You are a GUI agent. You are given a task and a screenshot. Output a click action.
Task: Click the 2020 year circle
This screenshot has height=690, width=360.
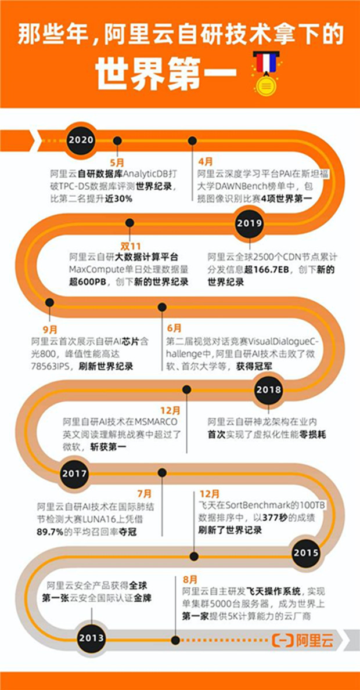pyautogui.click(x=81, y=140)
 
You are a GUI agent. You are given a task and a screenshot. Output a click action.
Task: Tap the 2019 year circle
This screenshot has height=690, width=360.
pyautogui.click(x=250, y=223)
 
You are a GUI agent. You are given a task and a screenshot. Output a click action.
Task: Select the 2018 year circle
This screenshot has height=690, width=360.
pyautogui.click(x=268, y=389)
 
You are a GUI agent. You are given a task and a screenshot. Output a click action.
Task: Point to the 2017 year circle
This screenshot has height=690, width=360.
pyautogui.click(x=75, y=474)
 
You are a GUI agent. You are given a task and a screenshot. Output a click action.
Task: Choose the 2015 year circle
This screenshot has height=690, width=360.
pyautogui.click(x=306, y=552)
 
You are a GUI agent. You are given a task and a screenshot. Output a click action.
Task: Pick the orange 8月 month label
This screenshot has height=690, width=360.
pyautogui.click(x=189, y=579)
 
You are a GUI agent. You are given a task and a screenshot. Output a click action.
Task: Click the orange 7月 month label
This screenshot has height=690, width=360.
pyautogui.click(x=144, y=494)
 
